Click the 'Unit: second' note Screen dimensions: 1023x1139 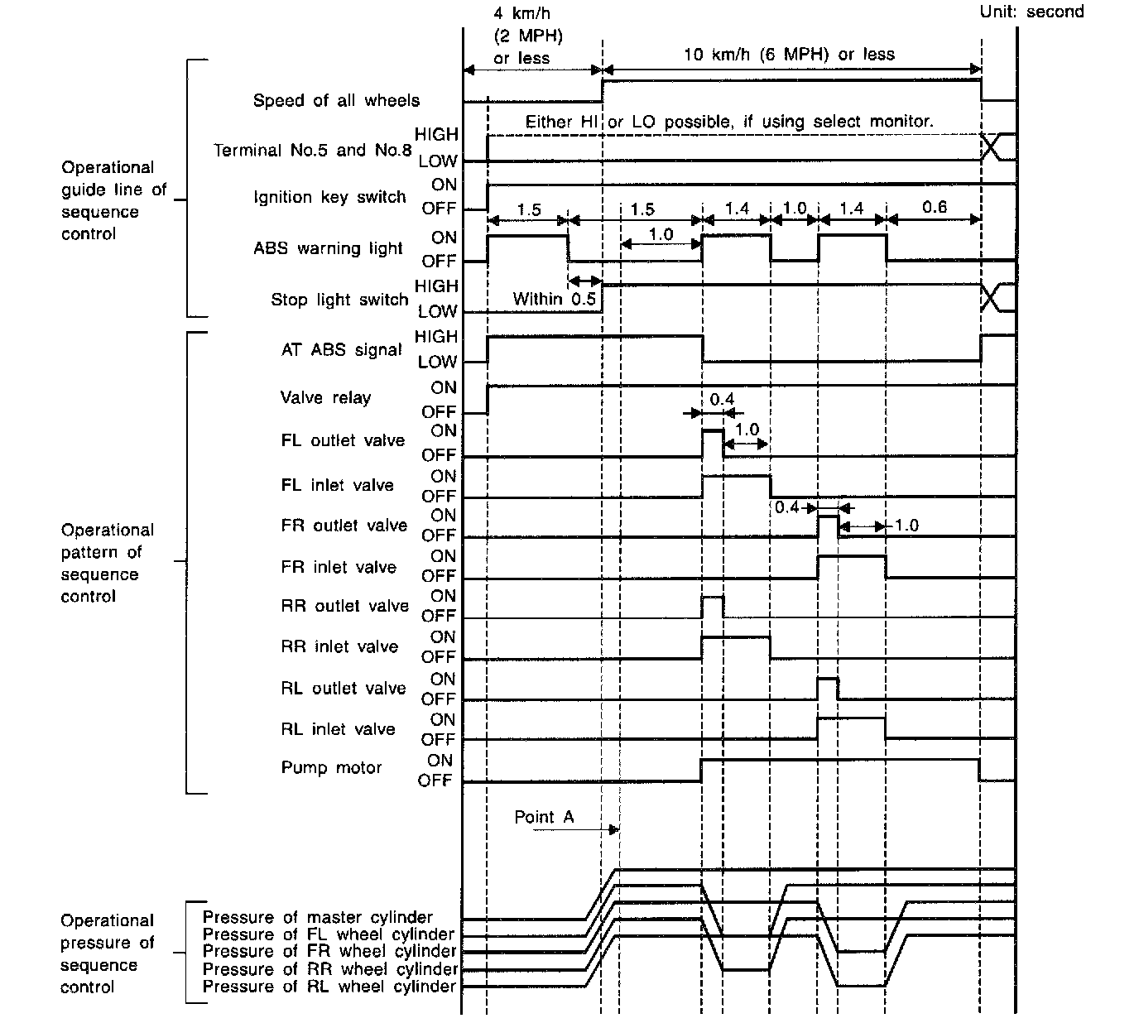coord(1031,12)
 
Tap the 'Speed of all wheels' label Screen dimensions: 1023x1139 coord(336,101)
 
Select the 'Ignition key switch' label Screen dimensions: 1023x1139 coord(329,197)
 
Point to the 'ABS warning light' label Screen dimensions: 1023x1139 coord(328,248)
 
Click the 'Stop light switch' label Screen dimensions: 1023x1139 coord(339,300)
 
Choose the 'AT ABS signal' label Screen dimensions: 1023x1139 coord(341,350)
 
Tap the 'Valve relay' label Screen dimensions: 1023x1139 coord(325,398)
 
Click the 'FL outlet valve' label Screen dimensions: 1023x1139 coord(343,441)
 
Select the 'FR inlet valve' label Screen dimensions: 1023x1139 coord(339,568)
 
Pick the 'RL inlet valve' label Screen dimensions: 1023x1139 coord(338,730)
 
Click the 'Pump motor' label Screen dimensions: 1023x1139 coord(331,768)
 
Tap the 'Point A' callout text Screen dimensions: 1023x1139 coord(544,818)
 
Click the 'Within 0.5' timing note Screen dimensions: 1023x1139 coord(554,299)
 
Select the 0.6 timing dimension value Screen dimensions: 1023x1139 coord(934,207)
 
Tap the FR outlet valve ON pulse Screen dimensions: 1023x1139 coord(828,526)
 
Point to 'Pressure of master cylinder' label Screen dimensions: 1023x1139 coord(317,917)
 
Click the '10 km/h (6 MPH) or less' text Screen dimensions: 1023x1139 coord(789,55)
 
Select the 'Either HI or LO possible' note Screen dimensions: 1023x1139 coord(729,122)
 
